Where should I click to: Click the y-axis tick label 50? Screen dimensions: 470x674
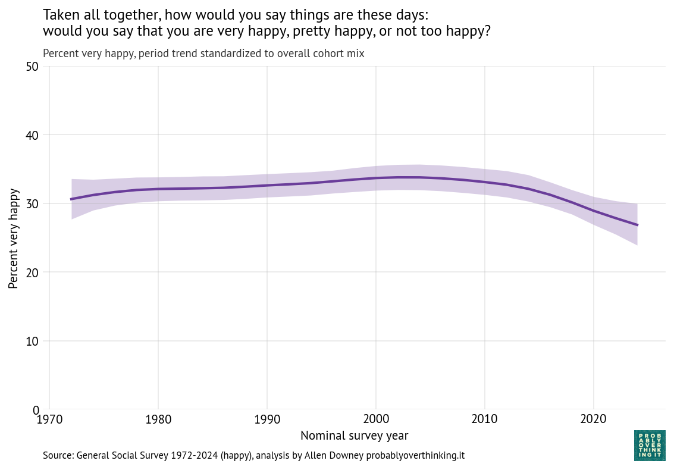click(x=33, y=67)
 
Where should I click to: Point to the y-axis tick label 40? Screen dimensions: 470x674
click(x=33, y=135)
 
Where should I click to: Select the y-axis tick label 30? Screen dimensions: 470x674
click(x=33, y=203)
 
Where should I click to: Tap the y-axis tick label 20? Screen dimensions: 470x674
click(x=33, y=272)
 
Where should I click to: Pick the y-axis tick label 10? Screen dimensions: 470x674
click(x=33, y=341)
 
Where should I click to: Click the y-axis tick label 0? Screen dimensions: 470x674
click(x=36, y=410)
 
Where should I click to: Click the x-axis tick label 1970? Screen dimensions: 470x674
click(x=49, y=420)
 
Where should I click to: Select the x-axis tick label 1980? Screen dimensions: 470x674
click(x=158, y=420)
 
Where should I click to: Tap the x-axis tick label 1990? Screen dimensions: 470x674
click(x=267, y=420)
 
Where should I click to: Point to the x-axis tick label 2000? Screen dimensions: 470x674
click(x=376, y=420)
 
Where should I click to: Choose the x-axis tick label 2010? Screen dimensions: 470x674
click(x=485, y=420)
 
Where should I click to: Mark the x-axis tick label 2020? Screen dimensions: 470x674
click(x=594, y=420)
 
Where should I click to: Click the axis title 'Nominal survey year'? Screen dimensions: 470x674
click(x=354, y=436)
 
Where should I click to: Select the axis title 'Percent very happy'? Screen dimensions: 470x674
click(x=14, y=239)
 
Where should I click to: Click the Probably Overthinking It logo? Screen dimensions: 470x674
click(x=650, y=445)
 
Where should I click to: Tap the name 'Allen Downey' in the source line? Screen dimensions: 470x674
click(x=334, y=456)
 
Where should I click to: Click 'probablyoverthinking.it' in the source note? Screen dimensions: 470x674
click(x=415, y=456)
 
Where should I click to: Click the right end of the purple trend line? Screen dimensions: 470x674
click(x=637, y=225)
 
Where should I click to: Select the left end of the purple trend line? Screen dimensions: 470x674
click(x=71, y=199)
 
